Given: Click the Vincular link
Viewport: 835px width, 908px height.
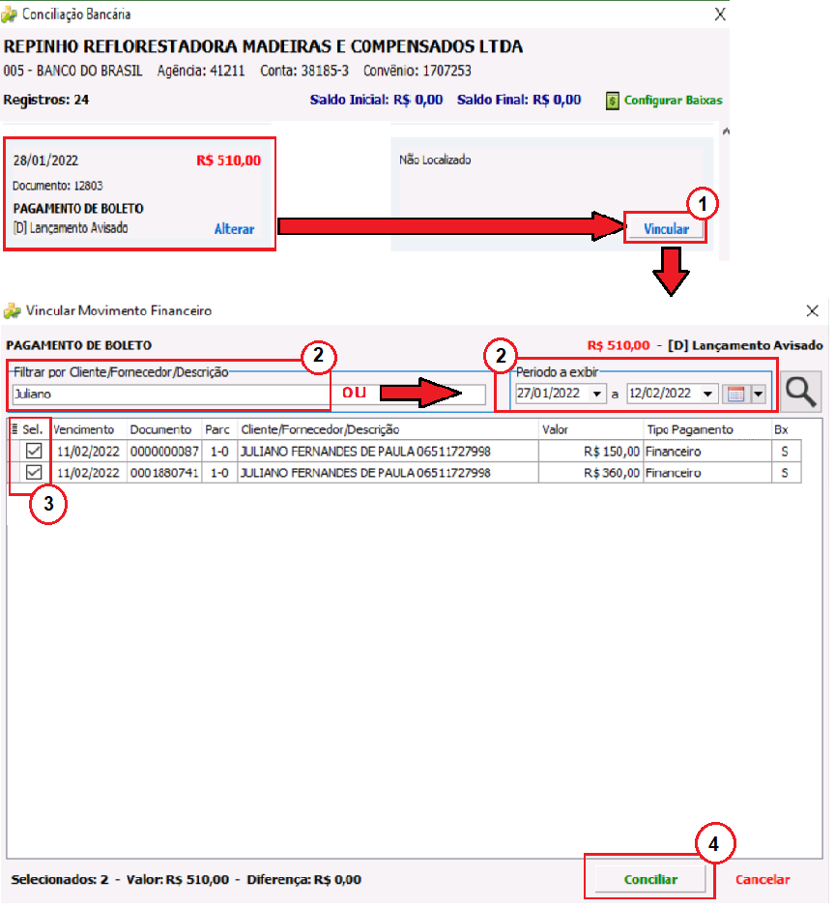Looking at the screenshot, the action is coord(666,229).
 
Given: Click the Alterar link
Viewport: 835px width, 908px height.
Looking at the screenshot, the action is coord(234,229).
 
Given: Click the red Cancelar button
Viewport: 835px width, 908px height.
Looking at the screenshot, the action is coord(763,880).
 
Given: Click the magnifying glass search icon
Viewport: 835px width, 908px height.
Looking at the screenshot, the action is coord(801,392).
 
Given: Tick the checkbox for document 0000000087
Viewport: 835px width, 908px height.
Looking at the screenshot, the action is coord(34,451).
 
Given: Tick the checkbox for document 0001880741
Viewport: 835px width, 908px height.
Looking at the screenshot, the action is coord(34,473).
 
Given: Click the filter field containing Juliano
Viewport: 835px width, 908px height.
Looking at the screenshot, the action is coord(171,394).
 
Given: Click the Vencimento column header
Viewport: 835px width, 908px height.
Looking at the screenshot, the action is coord(84,429).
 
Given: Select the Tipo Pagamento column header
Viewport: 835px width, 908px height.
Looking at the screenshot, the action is coord(690,429).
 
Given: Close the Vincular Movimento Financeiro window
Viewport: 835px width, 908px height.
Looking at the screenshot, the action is coord(813,311).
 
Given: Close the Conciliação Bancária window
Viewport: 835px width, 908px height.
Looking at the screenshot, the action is coord(720,15).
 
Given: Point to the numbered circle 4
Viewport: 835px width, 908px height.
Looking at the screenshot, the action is coord(714,844).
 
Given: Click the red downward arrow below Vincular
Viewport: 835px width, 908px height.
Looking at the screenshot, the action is coord(671,271).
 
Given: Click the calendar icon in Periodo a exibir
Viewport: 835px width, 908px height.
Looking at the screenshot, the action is coord(735,395).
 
